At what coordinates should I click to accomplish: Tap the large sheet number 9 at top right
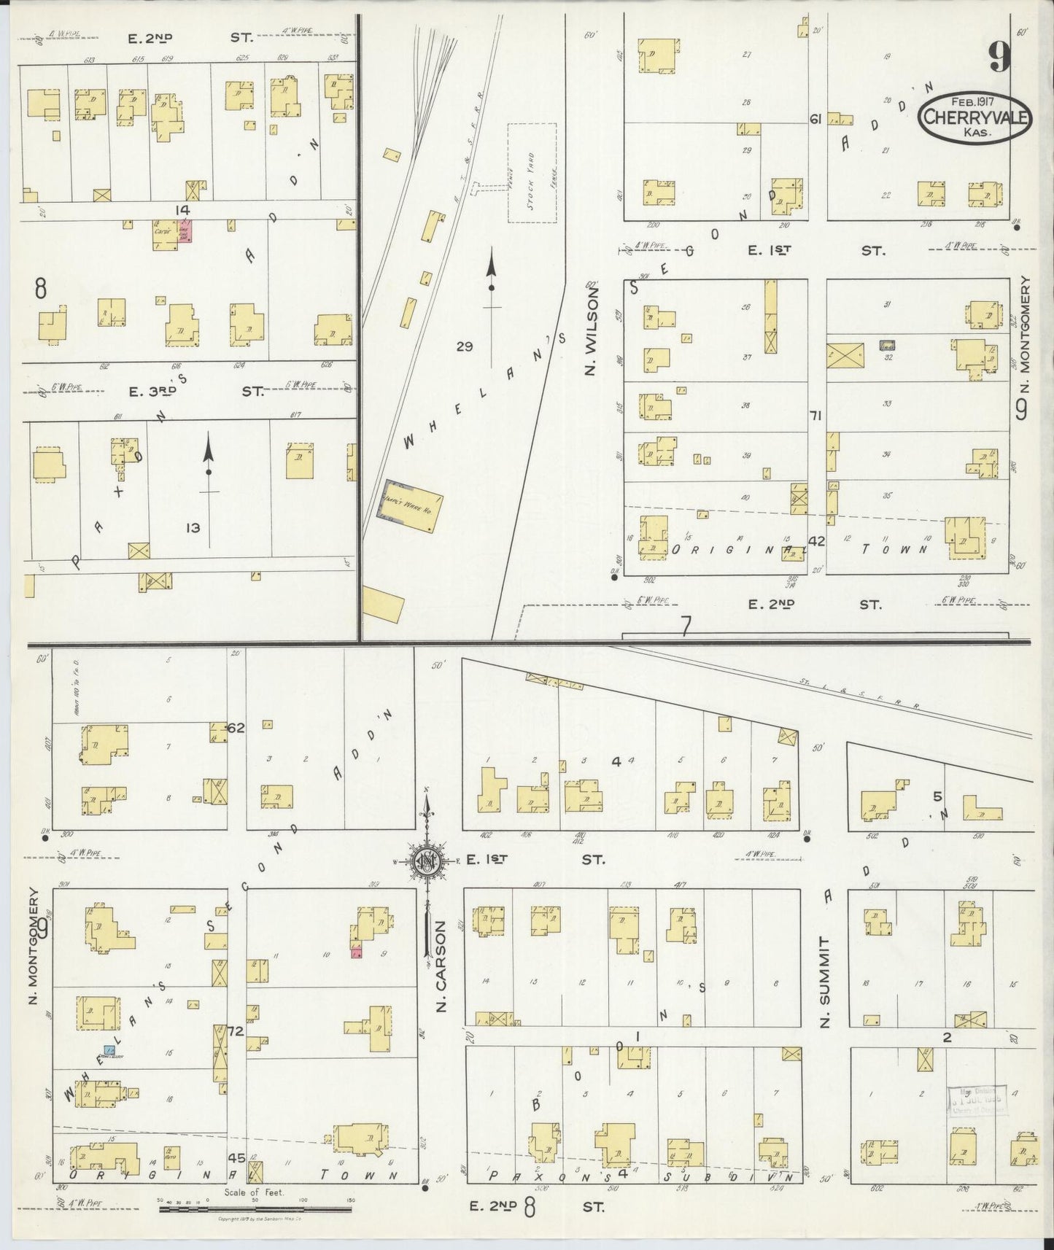1000,56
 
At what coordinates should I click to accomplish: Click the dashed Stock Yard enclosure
531,173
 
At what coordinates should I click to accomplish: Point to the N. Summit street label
824,981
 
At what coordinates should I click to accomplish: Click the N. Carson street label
440,966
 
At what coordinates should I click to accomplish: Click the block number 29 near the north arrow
465,346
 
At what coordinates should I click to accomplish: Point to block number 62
236,728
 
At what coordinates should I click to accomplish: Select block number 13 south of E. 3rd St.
192,527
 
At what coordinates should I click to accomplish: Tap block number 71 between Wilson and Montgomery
816,415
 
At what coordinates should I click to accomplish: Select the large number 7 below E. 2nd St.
685,626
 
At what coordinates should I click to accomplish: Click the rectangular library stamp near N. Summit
977,1099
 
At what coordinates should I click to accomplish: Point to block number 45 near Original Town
236,1157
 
